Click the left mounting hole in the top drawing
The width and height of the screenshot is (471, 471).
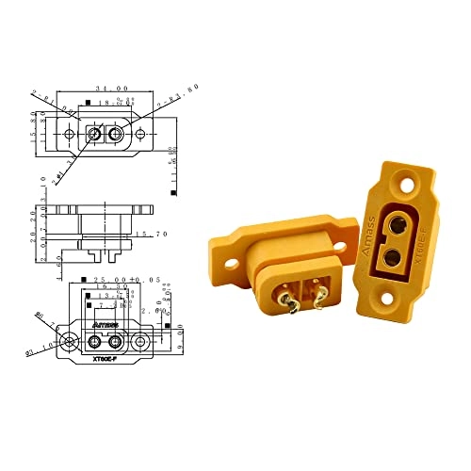(71, 135)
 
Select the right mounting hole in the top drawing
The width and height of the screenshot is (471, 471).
(141, 135)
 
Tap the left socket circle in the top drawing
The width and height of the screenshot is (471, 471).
(93, 135)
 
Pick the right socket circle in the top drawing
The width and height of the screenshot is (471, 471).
(116, 135)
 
